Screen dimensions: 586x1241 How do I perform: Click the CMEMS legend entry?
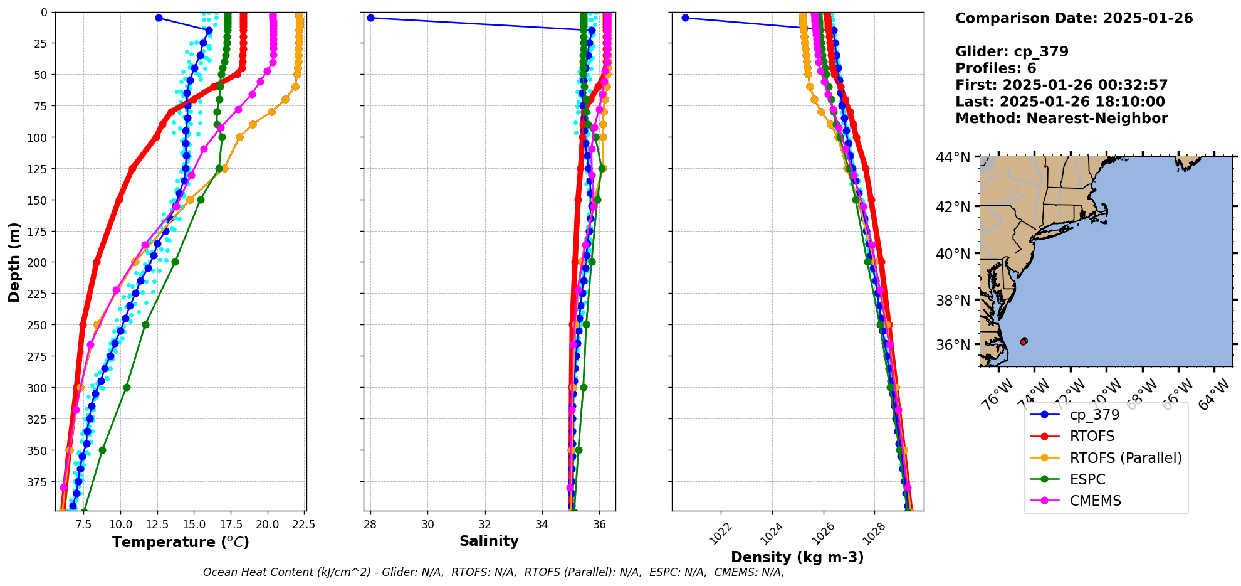[x=1095, y=501]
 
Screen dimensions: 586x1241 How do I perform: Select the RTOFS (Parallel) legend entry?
[x=1125, y=458]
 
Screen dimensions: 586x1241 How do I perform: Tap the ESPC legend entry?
[x=1087, y=479]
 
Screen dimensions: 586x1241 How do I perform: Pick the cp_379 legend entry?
[x=1094, y=415]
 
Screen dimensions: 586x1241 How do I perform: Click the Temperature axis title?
[x=181, y=542]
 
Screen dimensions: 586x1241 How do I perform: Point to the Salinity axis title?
[x=489, y=541]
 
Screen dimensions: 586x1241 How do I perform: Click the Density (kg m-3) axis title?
[x=797, y=557]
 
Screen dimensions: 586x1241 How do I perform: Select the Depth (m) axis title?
[x=14, y=262]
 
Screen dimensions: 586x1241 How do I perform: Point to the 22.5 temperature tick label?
[x=303, y=525]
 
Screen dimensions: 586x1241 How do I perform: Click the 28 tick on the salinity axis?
[x=370, y=525]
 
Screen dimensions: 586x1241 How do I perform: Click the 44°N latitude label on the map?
[x=953, y=157]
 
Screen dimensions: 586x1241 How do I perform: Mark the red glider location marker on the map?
[x=1024, y=341]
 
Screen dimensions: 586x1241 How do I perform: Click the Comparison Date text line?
[x=1074, y=18]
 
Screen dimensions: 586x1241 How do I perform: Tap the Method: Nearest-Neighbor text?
[x=1061, y=119]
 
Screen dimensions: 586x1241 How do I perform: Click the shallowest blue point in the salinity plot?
[x=370, y=18]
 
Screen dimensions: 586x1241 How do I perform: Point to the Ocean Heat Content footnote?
[x=493, y=572]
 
